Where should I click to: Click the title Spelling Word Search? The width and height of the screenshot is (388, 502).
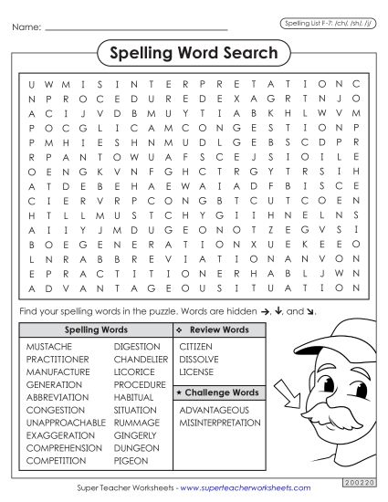[194, 53]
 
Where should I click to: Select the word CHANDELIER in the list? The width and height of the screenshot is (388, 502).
[141, 360]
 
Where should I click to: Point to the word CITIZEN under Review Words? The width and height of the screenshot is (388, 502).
[196, 347]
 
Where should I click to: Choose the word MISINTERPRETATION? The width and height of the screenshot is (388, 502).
[221, 423]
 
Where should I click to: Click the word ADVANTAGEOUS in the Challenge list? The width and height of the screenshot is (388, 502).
[214, 410]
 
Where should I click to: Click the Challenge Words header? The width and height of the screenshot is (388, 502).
[218, 392]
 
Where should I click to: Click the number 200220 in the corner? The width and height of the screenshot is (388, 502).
[355, 479]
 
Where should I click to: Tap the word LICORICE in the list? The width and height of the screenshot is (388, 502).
[136, 372]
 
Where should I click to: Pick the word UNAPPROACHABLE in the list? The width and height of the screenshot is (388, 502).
[66, 423]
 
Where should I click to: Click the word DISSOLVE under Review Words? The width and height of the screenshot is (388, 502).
[198, 360]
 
